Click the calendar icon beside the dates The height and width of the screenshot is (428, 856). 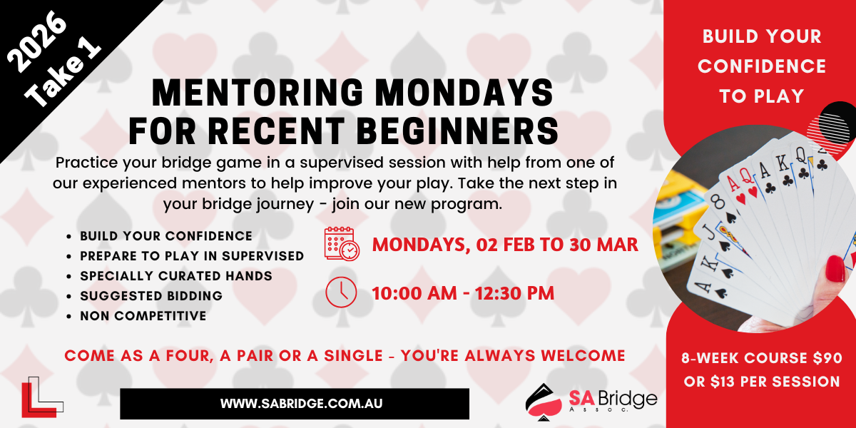(x=342, y=244)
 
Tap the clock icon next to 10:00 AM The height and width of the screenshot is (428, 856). (x=341, y=292)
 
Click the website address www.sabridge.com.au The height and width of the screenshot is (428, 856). (x=302, y=404)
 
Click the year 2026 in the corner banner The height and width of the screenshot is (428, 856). (x=37, y=41)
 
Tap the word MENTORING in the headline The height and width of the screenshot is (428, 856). (x=258, y=93)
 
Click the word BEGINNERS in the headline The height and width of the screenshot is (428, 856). (x=459, y=131)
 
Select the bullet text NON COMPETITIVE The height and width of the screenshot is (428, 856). (x=143, y=316)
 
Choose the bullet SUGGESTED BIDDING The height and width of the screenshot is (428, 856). (x=151, y=296)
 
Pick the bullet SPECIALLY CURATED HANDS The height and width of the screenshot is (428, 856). (x=176, y=276)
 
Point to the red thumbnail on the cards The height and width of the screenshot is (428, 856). (x=835, y=269)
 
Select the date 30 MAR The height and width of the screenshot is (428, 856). (x=603, y=245)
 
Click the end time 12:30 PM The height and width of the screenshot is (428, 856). (x=514, y=293)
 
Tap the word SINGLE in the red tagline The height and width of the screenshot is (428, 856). (x=353, y=356)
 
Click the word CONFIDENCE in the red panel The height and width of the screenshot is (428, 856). (x=762, y=66)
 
